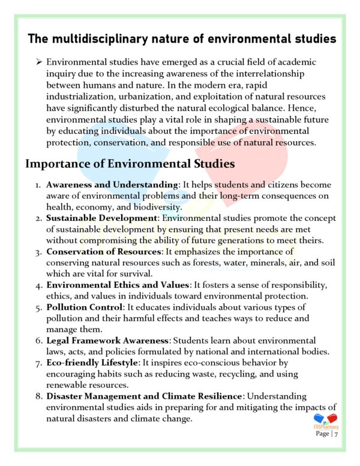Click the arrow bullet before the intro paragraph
pos(37,62)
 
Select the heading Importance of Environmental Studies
pos(130,163)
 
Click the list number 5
pos(38,306)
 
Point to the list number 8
pos(38,396)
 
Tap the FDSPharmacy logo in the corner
pos(326,420)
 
